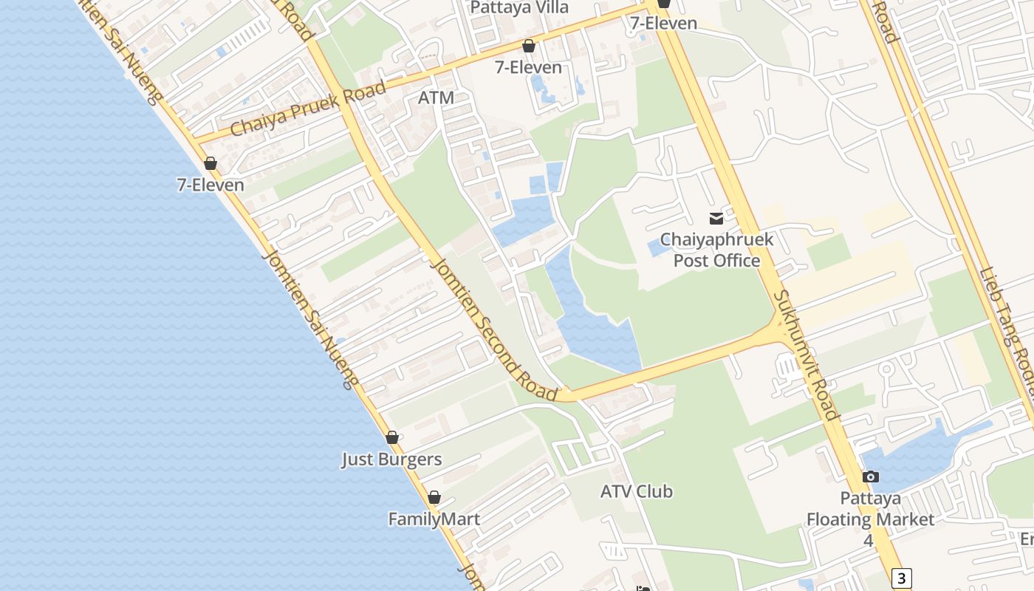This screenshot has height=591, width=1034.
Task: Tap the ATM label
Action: tap(436, 98)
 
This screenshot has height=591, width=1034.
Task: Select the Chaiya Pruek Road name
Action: tap(309, 109)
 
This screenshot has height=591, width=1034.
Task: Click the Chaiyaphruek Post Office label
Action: tap(716, 250)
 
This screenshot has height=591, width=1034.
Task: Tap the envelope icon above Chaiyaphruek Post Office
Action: tap(716, 219)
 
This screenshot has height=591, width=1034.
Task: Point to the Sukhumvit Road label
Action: tap(806, 354)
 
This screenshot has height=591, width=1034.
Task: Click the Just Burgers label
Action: tap(391, 460)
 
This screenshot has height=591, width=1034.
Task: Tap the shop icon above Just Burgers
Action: tap(392, 437)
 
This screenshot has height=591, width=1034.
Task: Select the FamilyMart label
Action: tap(434, 519)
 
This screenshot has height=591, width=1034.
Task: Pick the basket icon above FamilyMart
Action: tap(434, 497)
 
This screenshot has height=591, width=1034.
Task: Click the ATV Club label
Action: tap(636, 491)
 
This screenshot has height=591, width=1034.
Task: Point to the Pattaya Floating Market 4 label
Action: tap(870, 519)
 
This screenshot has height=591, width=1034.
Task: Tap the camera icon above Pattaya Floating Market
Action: tap(871, 476)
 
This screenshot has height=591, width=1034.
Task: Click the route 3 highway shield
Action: tap(901, 578)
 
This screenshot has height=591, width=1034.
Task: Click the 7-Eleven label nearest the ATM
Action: tap(528, 67)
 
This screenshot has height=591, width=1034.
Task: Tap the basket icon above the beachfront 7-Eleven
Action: tap(210, 163)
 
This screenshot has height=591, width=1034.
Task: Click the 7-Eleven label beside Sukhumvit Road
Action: tap(663, 23)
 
